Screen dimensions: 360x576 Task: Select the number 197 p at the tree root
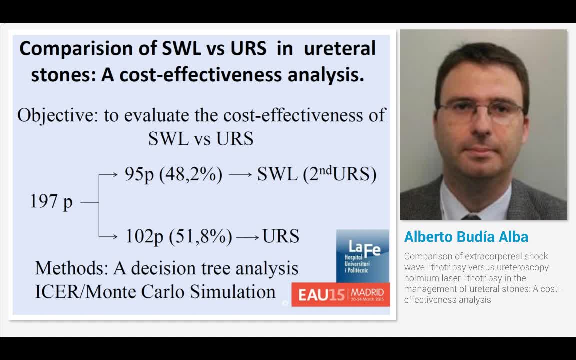point(51,202)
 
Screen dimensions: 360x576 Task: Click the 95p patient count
point(139,175)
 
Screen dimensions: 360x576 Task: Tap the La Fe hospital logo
point(362,254)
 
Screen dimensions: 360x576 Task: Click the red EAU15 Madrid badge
point(341,294)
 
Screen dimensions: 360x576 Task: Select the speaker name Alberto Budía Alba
point(466,237)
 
